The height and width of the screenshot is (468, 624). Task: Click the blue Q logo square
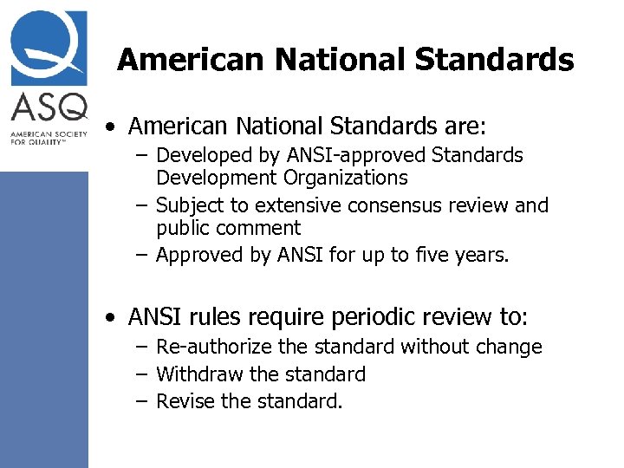click(49, 48)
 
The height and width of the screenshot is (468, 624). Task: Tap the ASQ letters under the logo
click(49, 107)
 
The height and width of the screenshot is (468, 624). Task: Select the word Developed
click(200, 155)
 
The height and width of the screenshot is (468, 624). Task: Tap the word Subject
click(191, 205)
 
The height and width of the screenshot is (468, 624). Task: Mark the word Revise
click(185, 401)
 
